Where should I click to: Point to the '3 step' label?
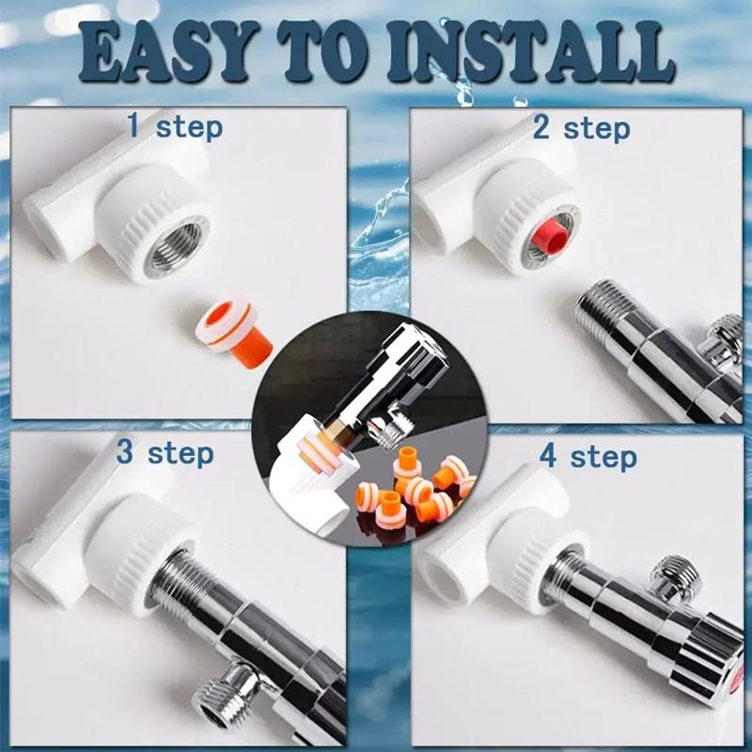click(x=164, y=453)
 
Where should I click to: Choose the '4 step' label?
click(x=588, y=457)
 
